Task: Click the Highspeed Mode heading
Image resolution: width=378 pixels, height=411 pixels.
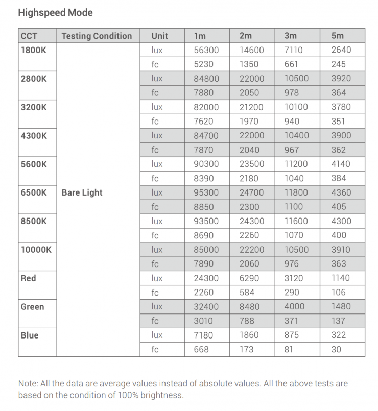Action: [55, 13]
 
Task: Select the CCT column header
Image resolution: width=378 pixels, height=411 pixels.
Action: [29, 36]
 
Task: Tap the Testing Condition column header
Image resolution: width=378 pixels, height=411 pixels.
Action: [97, 36]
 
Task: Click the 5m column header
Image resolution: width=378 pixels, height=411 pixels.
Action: [338, 36]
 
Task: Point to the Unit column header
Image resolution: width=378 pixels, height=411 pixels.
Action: [159, 36]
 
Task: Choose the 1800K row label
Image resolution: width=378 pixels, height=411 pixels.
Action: [33, 50]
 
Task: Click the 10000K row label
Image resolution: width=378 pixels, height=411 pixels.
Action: [36, 250]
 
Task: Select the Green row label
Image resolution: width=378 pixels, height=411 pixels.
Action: [32, 307]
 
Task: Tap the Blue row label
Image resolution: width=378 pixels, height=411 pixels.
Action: [30, 335]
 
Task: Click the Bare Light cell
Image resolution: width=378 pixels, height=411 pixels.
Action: [82, 192]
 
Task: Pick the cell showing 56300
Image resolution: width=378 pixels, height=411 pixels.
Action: [206, 50]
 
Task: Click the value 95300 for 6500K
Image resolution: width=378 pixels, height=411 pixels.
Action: [206, 192]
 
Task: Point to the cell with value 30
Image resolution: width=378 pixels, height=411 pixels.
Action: [336, 350]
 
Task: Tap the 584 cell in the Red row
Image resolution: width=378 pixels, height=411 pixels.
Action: [246, 293]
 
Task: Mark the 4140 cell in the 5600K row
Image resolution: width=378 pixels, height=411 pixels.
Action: [341, 164]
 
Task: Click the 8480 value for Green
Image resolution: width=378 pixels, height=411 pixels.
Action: [249, 307]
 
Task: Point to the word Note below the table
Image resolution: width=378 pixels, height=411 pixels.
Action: [28, 383]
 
